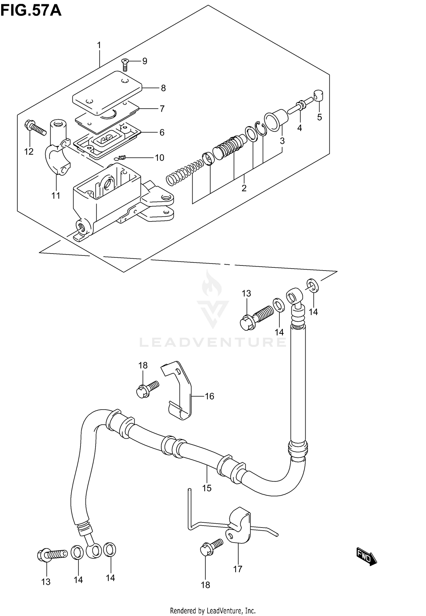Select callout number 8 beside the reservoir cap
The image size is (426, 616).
163,88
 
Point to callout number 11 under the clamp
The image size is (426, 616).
56,195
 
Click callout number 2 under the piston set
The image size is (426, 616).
244,188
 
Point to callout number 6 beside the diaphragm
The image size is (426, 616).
162,132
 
